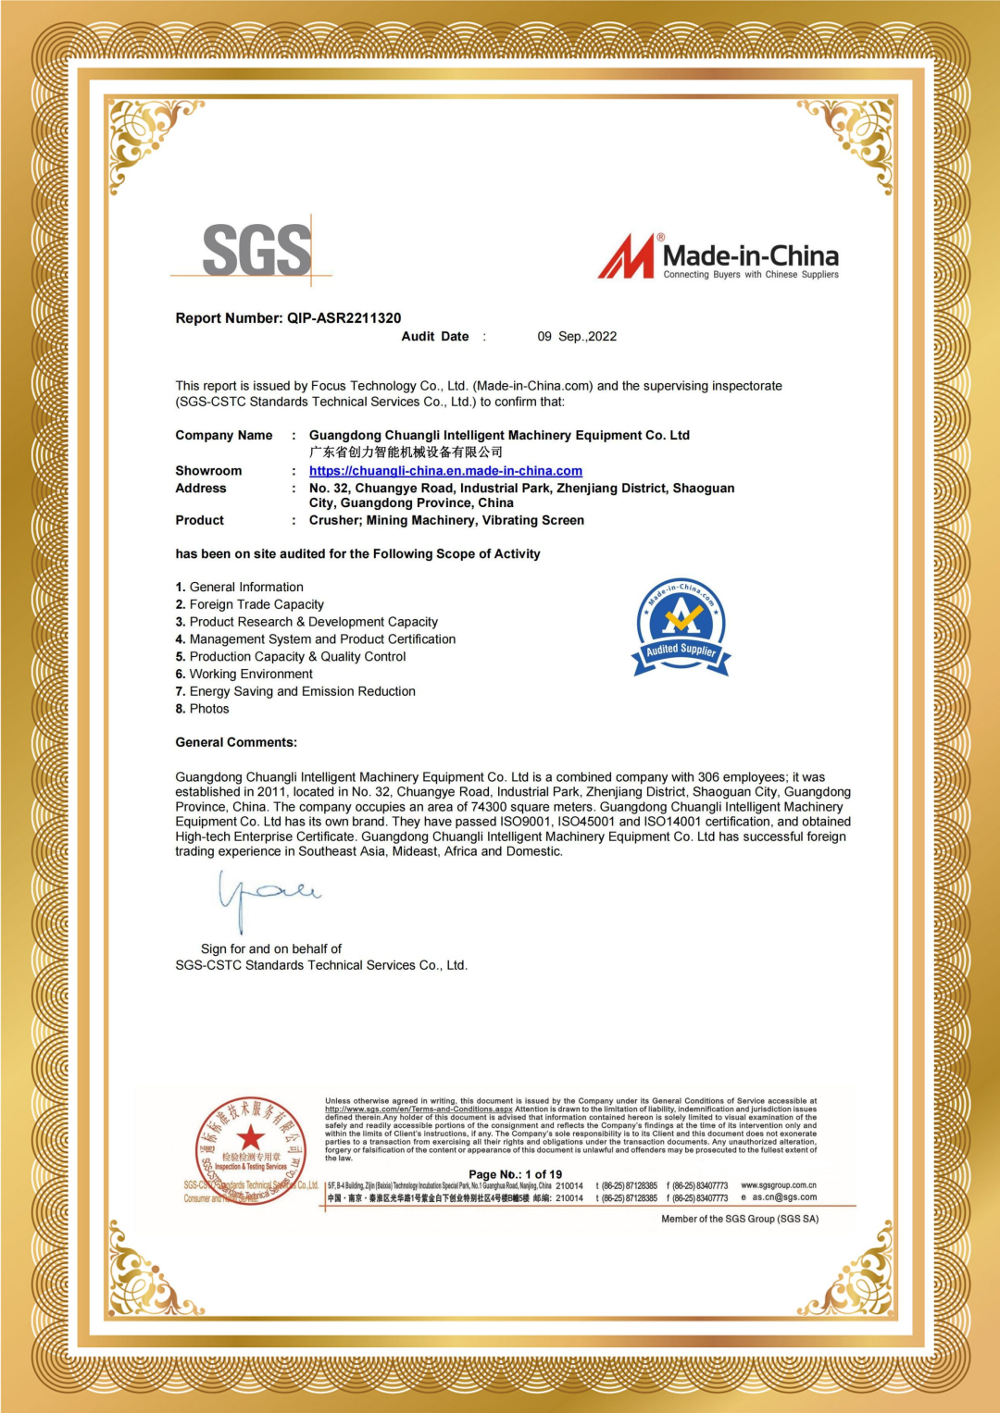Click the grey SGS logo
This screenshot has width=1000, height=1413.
pos(256,250)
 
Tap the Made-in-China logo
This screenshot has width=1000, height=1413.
pos(719,257)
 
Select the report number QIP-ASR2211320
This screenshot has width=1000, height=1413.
pos(344,318)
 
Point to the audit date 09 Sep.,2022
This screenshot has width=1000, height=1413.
pos(577,337)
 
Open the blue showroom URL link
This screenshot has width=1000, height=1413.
pos(445,471)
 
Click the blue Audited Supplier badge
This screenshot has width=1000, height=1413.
pos(681,627)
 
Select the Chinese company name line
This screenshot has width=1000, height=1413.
pos(406,452)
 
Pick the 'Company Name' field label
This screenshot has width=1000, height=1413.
pos(224,436)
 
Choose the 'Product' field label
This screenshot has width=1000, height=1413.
pos(200,521)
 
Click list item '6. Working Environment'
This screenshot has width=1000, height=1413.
pos(244,675)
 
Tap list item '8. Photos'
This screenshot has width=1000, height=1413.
pos(203,709)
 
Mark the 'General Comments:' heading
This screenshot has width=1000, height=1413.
pos(236,742)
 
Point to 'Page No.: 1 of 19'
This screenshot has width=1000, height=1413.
pos(515,1174)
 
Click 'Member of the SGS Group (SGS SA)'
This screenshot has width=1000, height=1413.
pos(740,1219)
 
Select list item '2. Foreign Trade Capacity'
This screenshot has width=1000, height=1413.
pos(250,604)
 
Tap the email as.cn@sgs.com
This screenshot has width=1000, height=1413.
pos(784,1197)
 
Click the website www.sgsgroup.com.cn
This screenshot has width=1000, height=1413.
pos(779,1185)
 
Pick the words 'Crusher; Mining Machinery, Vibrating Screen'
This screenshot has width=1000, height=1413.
pos(446,521)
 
